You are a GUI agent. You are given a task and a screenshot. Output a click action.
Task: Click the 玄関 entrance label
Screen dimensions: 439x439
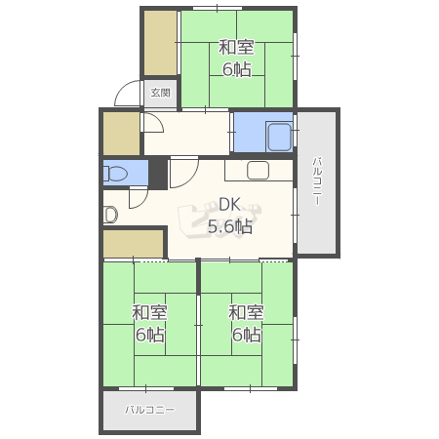[x=161, y=93]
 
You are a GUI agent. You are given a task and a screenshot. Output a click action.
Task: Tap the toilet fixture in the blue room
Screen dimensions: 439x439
[x=115, y=173]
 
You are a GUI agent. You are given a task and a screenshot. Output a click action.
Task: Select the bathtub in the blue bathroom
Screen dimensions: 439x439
[x=279, y=137]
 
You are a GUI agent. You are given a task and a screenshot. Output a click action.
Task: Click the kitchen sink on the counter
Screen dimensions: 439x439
[x=258, y=170]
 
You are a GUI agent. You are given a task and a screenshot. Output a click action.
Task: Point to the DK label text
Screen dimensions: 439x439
[x=229, y=205]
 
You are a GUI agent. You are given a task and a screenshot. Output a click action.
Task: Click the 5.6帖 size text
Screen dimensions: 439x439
[x=230, y=226]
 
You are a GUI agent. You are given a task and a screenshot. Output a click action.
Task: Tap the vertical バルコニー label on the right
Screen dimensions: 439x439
[x=317, y=180]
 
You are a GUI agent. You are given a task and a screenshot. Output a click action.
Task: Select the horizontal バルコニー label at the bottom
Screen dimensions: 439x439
[x=150, y=410]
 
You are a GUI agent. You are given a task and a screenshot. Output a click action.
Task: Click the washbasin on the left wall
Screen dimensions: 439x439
[x=110, y=215]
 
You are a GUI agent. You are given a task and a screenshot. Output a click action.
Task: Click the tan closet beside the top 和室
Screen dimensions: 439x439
[x=161, y=43]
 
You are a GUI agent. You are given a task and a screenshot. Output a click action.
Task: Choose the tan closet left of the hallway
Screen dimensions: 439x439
[x=121, y=134]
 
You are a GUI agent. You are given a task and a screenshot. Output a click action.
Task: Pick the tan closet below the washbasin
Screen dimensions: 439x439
[x=134, y=244]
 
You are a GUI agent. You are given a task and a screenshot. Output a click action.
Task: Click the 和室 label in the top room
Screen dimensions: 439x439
[x=236, y=48]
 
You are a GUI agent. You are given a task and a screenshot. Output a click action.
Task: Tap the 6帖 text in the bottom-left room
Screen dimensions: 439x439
[x=150, y=335]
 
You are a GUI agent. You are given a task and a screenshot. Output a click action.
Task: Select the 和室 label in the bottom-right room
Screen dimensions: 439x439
[x=246, y=312]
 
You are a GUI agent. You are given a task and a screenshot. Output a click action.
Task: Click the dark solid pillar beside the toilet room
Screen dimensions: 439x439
[x=158, y=174]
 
